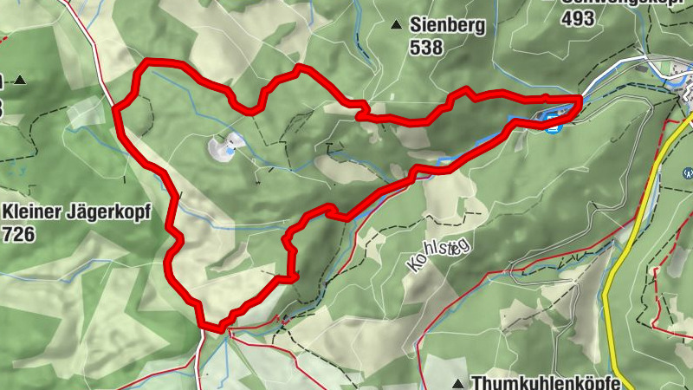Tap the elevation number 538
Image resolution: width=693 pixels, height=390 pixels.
pyautogui.click(x=427, y=48)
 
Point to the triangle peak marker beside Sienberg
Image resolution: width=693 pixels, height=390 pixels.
pyautogui.click(x=397, y=25)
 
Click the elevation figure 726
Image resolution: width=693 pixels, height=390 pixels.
pyautogui.click(x=20, y=234)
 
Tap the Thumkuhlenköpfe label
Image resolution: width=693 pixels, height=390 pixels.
pyautogui.click(x=546, y=382)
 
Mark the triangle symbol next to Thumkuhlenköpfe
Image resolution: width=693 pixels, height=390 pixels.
pyautogui.click(x=457, y=382)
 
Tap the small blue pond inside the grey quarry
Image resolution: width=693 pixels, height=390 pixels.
pyautogui.click(x=228, y=151)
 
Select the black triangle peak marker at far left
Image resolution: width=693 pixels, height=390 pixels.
pyautogui.click(x=19, y=81)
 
